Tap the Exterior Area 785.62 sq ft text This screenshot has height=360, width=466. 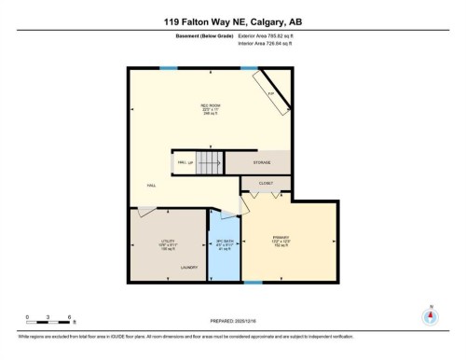tap(272, 35)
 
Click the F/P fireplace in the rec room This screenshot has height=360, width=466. tap(270, 94)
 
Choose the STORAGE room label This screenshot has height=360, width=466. tap(263, 162)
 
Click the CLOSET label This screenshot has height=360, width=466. tap(265, 185)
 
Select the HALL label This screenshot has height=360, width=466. tap(151, 186)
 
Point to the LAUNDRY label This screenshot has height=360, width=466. tap(189, 268)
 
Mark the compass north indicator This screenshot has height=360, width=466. tap(431, 314)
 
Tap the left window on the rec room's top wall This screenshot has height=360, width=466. tap(168, 67)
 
